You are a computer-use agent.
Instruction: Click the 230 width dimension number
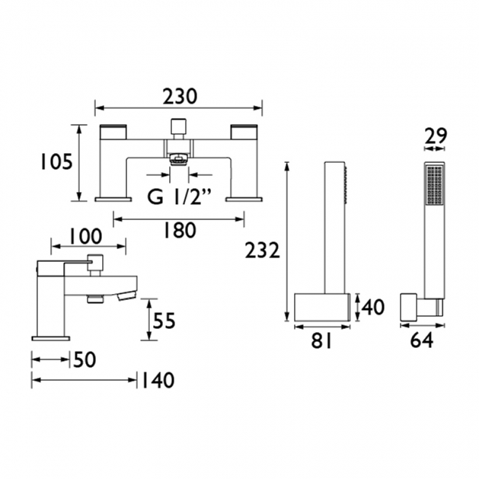click(x=180, y=97)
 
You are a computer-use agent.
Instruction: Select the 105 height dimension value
click(x=56, y=161)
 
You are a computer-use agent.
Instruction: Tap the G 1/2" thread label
click(x=179, y=197)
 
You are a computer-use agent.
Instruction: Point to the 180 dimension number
click(x=180, y=231)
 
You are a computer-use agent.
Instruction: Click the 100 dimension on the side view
click(x=85, y=237)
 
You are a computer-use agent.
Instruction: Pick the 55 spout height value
click(x=164, y=321)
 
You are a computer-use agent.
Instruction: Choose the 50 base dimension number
click(x=85, y=360)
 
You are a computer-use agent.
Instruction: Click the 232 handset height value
click(x=262, y=251)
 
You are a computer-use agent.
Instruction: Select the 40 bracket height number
click(x=373, y=307)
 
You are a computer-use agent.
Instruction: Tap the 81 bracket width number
click(x=321, y=340)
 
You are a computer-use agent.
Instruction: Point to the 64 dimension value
click(x=422, y=340)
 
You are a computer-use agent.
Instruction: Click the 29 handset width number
click(x=436, y=136)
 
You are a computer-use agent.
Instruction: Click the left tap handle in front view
click(x=113, y=132)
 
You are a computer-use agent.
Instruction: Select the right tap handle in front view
click(x=245, y=132)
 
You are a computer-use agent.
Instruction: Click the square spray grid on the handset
click(x=434, y=185)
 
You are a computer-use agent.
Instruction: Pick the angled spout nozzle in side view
click(x=127, y=296)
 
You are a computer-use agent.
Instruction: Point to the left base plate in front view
click(x=113, y=200)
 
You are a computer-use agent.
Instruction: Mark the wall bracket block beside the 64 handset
click(x=409, y=307)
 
